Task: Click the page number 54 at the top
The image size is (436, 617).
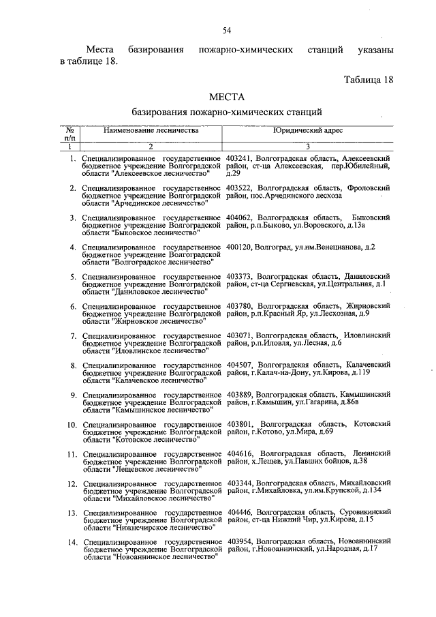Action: tap(227, 29)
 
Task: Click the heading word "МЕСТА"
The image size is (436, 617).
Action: tap(226, 97)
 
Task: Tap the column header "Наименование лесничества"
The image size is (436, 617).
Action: tap(151, 130)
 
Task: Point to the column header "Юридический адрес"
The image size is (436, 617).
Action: tap(308, 130)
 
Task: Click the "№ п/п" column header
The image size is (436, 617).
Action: tap(69, 133)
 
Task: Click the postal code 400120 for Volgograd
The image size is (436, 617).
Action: tap(240, 246)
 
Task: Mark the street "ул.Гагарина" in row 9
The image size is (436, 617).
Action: tap(313, 402)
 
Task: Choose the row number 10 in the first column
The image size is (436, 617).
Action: tap(70, 424)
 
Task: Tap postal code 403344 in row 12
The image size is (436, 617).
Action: tap(240, 483)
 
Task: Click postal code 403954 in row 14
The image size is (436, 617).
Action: tap(240, 541)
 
